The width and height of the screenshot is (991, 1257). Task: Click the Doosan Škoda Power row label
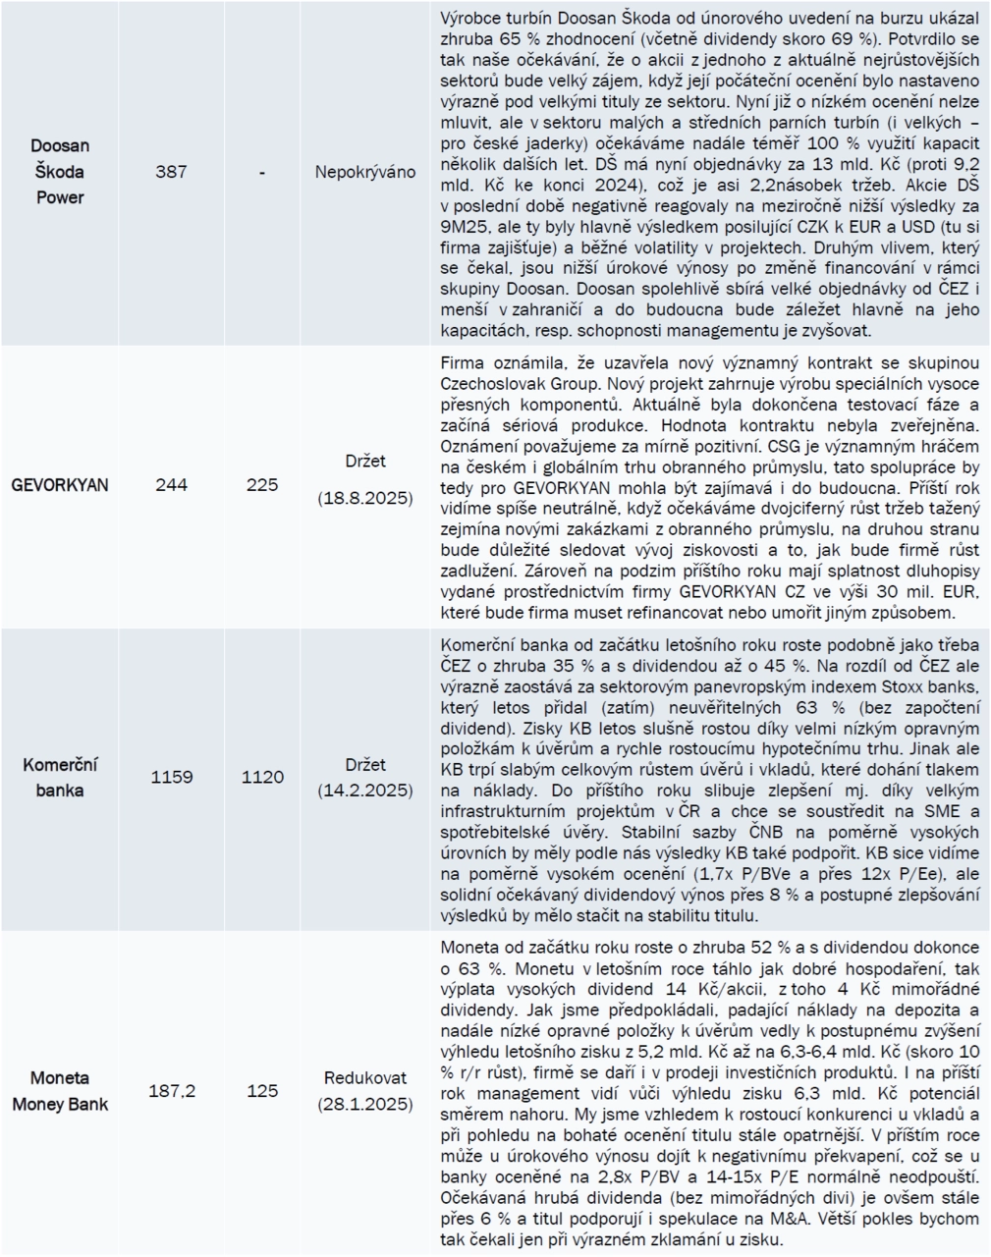pyautogui.click(x=61, y=171)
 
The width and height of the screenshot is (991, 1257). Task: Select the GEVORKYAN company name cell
pyautogui.click(x=60, y=485)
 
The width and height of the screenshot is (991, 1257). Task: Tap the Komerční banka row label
pyautogui.click(x=61, y=777)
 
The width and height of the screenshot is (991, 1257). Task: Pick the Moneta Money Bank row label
pyautogui.click(x=60, y=1091)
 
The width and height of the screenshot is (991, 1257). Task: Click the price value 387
pyautogui.click(x=172, y=172)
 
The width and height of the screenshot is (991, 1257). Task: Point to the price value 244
pyautogui.click(x=172, y=485)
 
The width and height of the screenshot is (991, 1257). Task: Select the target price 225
pyautogui.click(x=262, y=485)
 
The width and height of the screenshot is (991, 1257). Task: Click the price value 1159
pyautogui.click(x=172, y=777)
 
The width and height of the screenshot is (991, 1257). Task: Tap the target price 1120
pyautogui.click(x=262, y=777)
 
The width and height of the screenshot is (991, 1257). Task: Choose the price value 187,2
pyautogui.click(x=172, y=1091)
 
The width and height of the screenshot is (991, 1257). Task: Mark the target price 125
pyautogui.click(x=262, y=1091)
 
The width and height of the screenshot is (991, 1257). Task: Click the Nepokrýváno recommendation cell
pyautogui.click(x=365, y=172)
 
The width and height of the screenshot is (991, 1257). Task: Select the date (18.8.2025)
pyautogui.click(x=365, y=499)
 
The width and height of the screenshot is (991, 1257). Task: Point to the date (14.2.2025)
pyautogui.click(x=365, y=790)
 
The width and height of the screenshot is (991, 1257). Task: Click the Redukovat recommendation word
pyautogui.click(x=365, y=1077)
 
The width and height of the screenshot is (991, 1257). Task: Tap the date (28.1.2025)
pyautogui.click(x=365, y=1104)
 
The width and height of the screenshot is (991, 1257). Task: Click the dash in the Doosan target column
pyautogui.click(x=262, y=172)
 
